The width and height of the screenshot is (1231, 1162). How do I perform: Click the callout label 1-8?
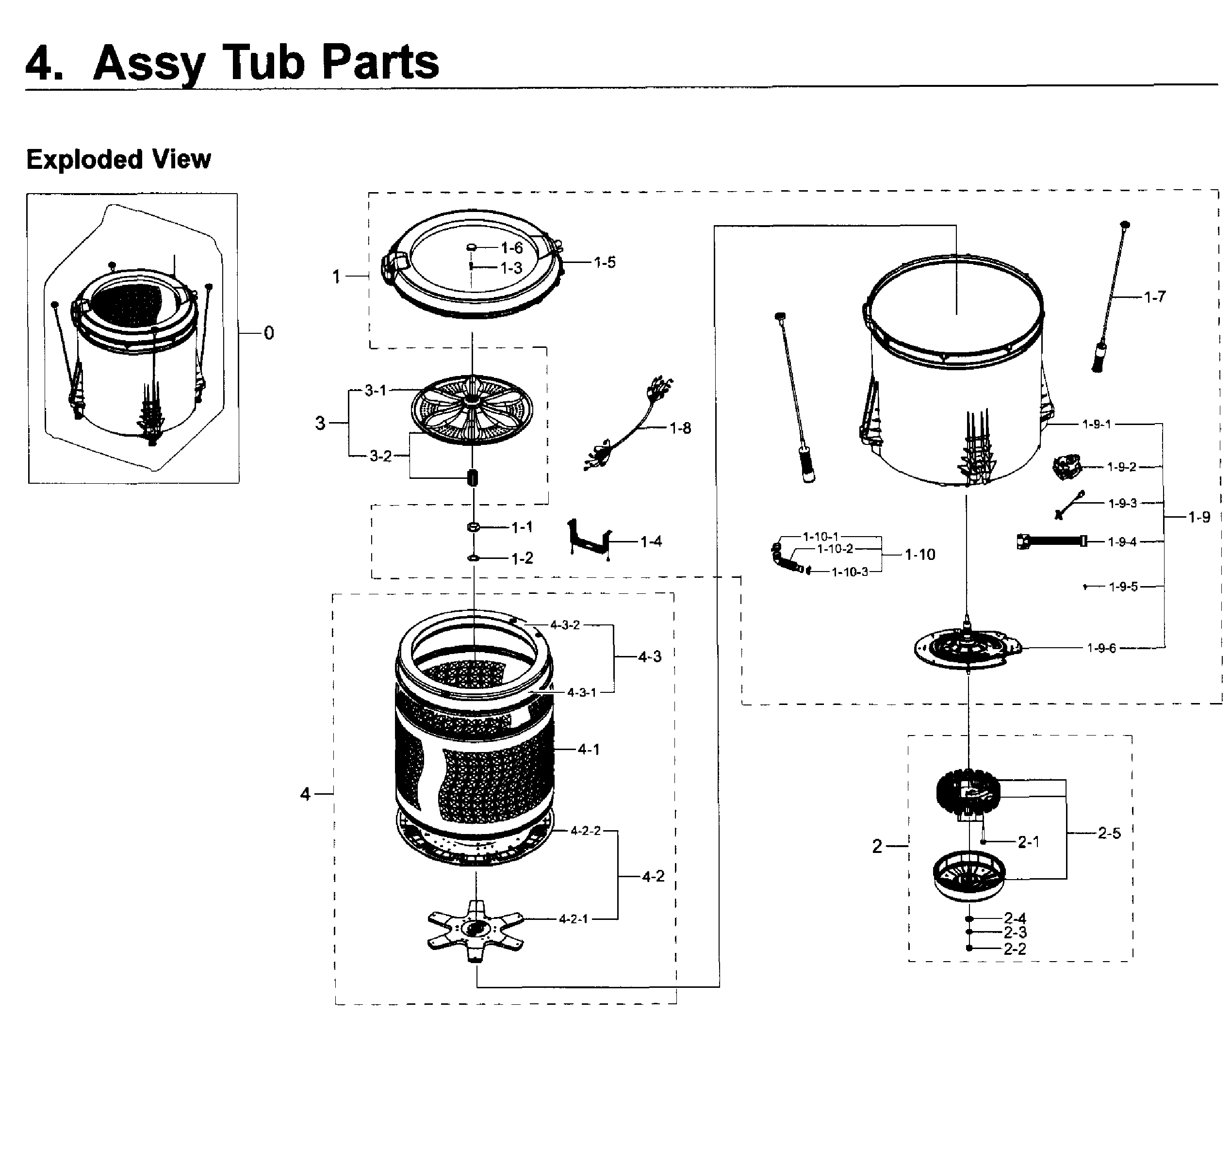coord(680,428)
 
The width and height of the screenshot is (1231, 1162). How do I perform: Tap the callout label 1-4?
coord(651,542)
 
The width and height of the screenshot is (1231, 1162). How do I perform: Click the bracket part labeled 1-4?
coord(589,538)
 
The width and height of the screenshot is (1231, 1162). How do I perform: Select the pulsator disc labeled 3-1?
coord(472,409)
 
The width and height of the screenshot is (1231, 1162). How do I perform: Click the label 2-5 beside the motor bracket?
coord(1108,833)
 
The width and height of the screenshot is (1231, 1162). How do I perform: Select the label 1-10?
coord(919,555)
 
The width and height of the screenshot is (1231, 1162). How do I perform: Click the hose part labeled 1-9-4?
coord(1051,541)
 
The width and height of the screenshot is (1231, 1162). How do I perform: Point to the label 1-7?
coord(1154,297)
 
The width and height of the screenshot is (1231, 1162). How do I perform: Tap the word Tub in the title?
coord(264,63)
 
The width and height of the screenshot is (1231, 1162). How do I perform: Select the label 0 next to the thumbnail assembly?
coord(268,333)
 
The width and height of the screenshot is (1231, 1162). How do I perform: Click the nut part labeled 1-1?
coord(473,527)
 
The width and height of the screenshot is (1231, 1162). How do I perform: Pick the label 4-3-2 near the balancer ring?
coord(564,625)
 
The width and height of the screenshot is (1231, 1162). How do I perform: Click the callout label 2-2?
coord(1014,949)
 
